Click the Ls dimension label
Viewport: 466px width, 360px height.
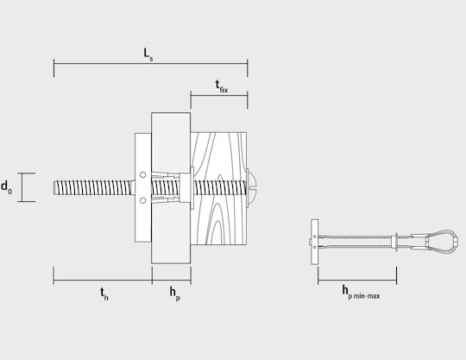[x=148, y=54]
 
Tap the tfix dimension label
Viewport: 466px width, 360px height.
[x=222, y=86]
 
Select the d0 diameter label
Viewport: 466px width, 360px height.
[x=7, y=187]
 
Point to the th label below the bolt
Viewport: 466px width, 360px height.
[x=104, y=294]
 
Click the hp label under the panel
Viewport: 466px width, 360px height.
[x=174, y=294]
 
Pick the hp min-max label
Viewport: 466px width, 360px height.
[x=361, y=292]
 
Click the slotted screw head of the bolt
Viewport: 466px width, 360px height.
[x=251, y=188]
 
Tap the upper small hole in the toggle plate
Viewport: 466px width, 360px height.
[x=143, y=174]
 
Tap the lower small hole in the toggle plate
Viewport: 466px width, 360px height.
[x=143, y=200]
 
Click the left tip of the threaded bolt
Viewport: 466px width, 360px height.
[x=54, y=188]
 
